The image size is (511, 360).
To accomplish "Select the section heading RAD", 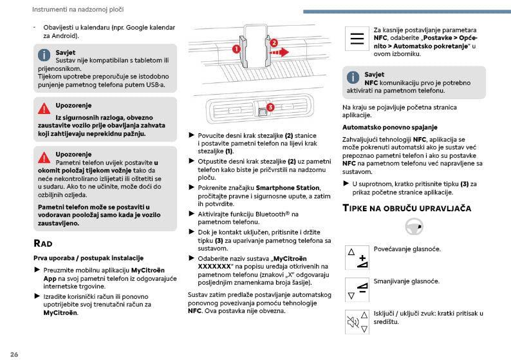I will [x=43, y=243].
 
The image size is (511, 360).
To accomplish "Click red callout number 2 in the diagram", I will [x=274, y=43].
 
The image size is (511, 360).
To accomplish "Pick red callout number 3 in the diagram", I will [x=270, y=107].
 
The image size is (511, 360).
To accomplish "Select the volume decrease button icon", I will [x=357, y=290].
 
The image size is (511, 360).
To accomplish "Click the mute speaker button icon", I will [x=357, y=321].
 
